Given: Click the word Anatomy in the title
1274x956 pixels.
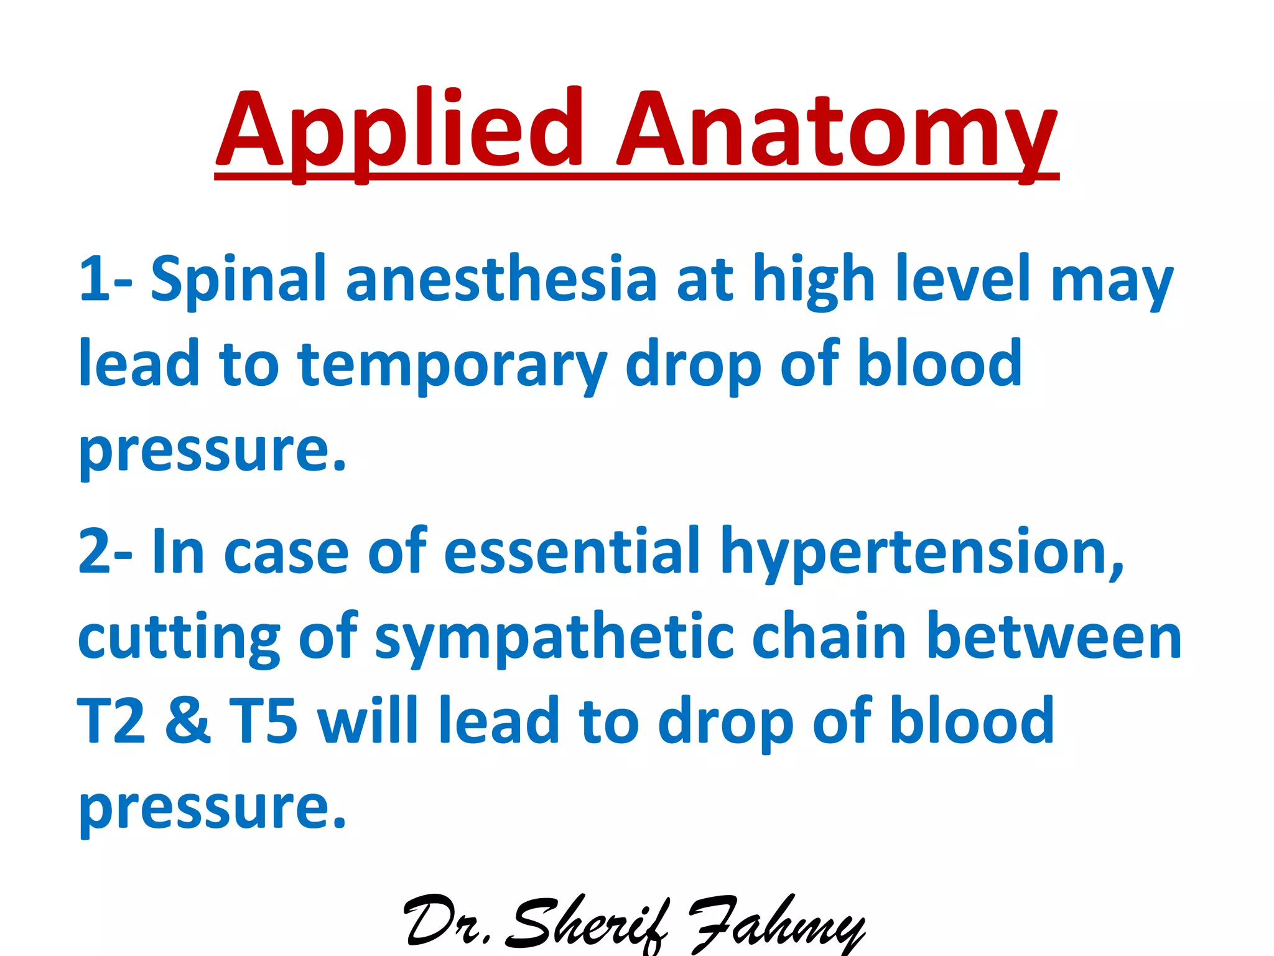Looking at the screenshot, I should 837,131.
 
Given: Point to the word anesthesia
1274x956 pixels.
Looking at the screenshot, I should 501,279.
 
